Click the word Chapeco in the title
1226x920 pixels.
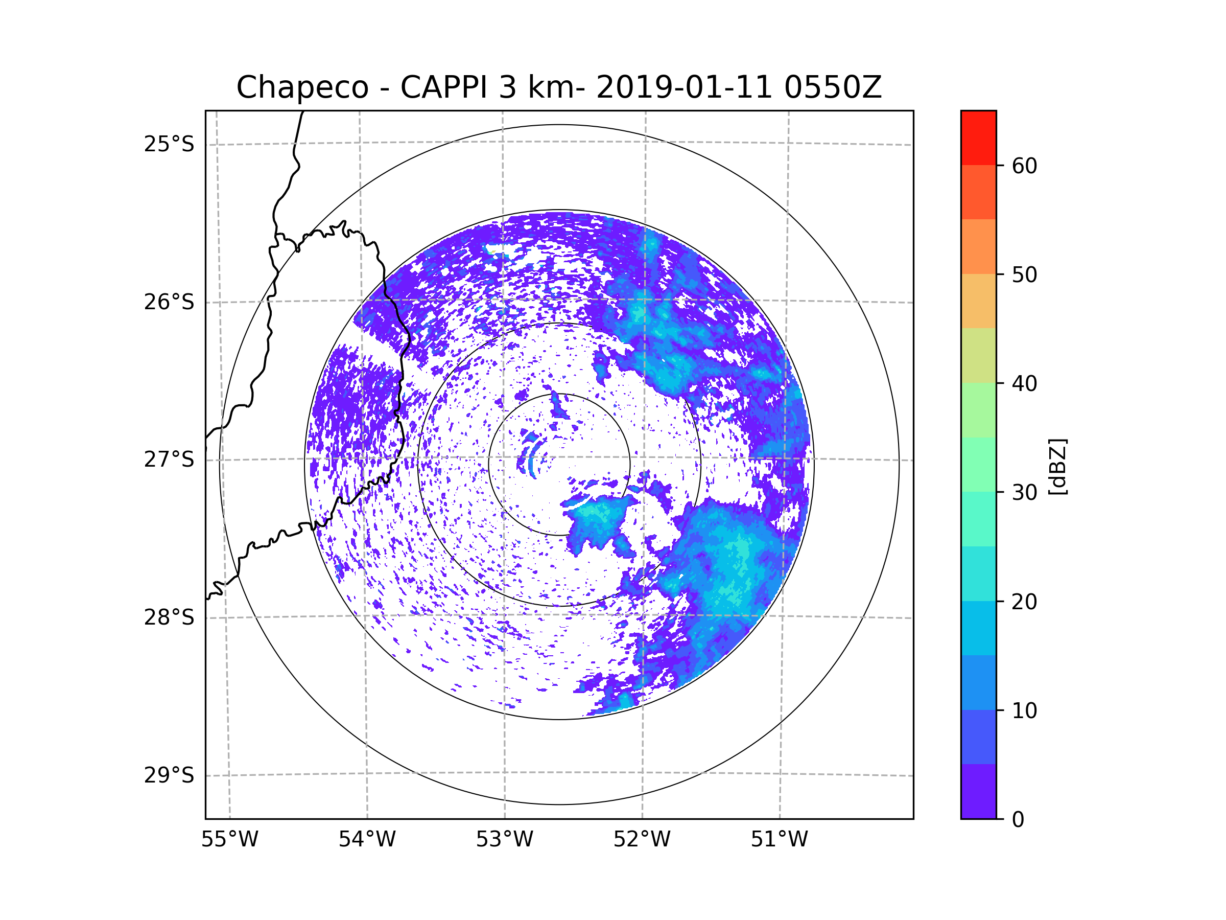302,87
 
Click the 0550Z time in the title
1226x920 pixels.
833,87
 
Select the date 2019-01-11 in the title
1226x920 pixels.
684,87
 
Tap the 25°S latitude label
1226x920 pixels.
169,144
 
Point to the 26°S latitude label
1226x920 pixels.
169,302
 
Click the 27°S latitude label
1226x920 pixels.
169,459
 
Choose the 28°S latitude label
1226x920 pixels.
169,617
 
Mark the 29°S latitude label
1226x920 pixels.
169,775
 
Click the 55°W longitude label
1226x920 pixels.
229,840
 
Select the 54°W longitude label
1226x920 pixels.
367,840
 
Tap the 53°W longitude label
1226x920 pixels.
504,840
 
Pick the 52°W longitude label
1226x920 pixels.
642,840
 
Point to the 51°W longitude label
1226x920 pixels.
779,840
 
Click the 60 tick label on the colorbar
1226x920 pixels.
1024,166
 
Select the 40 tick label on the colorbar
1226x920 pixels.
1024,383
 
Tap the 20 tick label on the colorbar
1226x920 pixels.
1024,602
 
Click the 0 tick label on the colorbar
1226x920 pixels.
1018,820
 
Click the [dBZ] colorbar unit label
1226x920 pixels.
1057,466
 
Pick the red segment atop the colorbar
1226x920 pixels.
978,137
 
